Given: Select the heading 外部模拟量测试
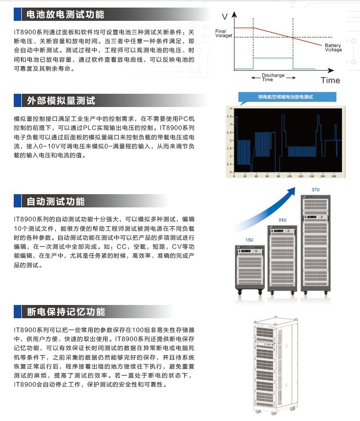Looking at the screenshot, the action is click(x=61, y=100).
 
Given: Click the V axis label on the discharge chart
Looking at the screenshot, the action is click(x=225, y=17).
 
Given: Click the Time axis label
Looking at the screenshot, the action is click(x=330, y=80).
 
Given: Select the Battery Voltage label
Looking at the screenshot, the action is click(x=333, y=48).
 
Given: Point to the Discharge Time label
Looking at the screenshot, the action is click(x=273, y=77).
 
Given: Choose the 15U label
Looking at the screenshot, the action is click(x=249, y=241).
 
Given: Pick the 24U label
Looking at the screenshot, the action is click(x=282, y=220).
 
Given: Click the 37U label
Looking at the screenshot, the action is click(x=315, y=190).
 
